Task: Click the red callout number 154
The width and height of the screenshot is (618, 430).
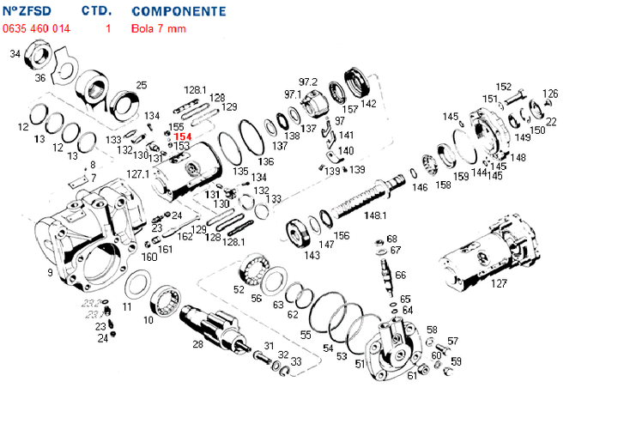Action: [181, 136]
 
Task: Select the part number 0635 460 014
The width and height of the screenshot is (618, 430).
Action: [37, 28]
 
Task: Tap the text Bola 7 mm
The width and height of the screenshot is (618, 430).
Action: [159, 28]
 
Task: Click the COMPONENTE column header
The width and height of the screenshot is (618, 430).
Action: [179, 12]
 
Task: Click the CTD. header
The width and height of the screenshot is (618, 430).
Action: [97, 12]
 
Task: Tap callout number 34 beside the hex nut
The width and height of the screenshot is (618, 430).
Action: [15, 55]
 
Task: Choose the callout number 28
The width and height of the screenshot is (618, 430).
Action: [197, 344]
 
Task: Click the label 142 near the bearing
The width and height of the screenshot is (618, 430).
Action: [368, 104]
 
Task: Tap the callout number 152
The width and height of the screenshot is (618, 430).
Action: [504, 87]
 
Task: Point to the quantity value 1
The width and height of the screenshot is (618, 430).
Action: [108, 28]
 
